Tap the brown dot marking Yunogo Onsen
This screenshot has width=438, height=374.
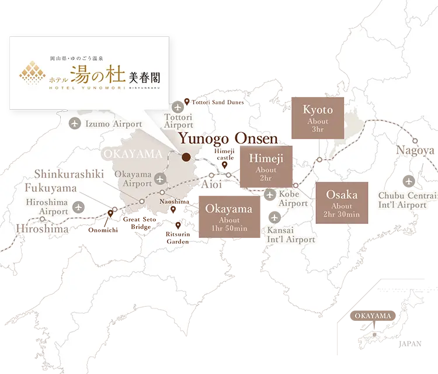click(x=186, y=157)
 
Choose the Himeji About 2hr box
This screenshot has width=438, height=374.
click(x=266, y=167)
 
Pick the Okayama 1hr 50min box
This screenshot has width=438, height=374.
click(x=230, y=217)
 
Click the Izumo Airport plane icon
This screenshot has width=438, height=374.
click(x=75, y=123)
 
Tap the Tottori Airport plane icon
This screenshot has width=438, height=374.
click(x=178, y=108)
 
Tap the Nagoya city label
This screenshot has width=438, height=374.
click(x=416, y=150)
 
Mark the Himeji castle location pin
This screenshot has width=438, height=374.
click(x=225, y=165)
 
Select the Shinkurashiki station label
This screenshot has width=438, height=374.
click(x=68, y=174)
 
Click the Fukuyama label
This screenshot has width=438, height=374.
click(x=51, y=188)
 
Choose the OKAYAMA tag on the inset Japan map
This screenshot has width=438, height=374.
click(x=372, y=316)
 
